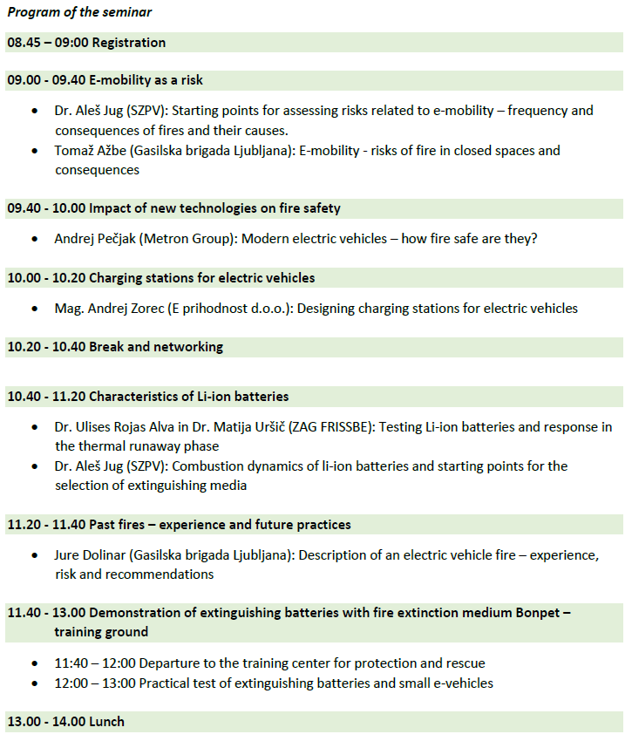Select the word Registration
tap(129, 43)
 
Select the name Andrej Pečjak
tap(97, 238)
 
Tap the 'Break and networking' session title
tap(156, 347)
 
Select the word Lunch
tap(107, 722)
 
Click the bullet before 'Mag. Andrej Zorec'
tap(35, 309)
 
